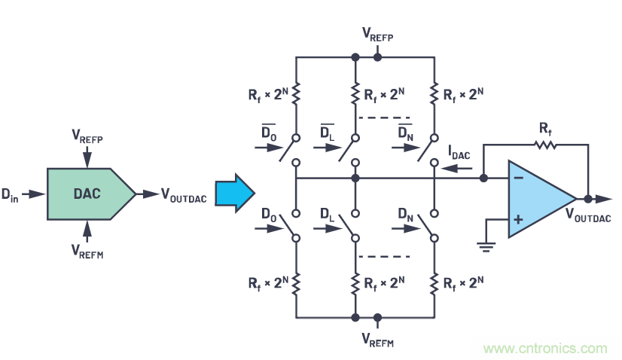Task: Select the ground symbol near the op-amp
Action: [486, 245]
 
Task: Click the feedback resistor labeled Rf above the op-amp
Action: [545, 143]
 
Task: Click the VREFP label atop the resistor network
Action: [377, 34]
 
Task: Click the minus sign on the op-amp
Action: [519, 178]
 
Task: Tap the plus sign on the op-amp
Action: [519, 219]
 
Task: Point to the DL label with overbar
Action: [327, 133]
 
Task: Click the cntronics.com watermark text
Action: [545, 349]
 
